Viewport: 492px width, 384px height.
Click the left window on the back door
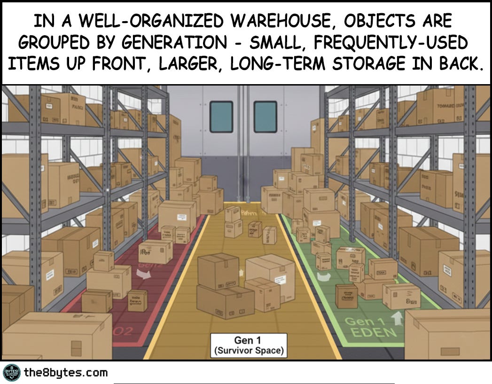click(221, 117)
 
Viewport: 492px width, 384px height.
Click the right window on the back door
click(266, 117)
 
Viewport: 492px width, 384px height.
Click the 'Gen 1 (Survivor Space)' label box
click(248, 345)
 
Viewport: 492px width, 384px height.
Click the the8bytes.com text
click(65, 373)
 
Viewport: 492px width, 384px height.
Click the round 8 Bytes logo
click(11, 373)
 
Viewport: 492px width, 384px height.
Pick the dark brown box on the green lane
click(346, 296)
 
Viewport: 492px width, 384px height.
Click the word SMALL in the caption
click(276, 43)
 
